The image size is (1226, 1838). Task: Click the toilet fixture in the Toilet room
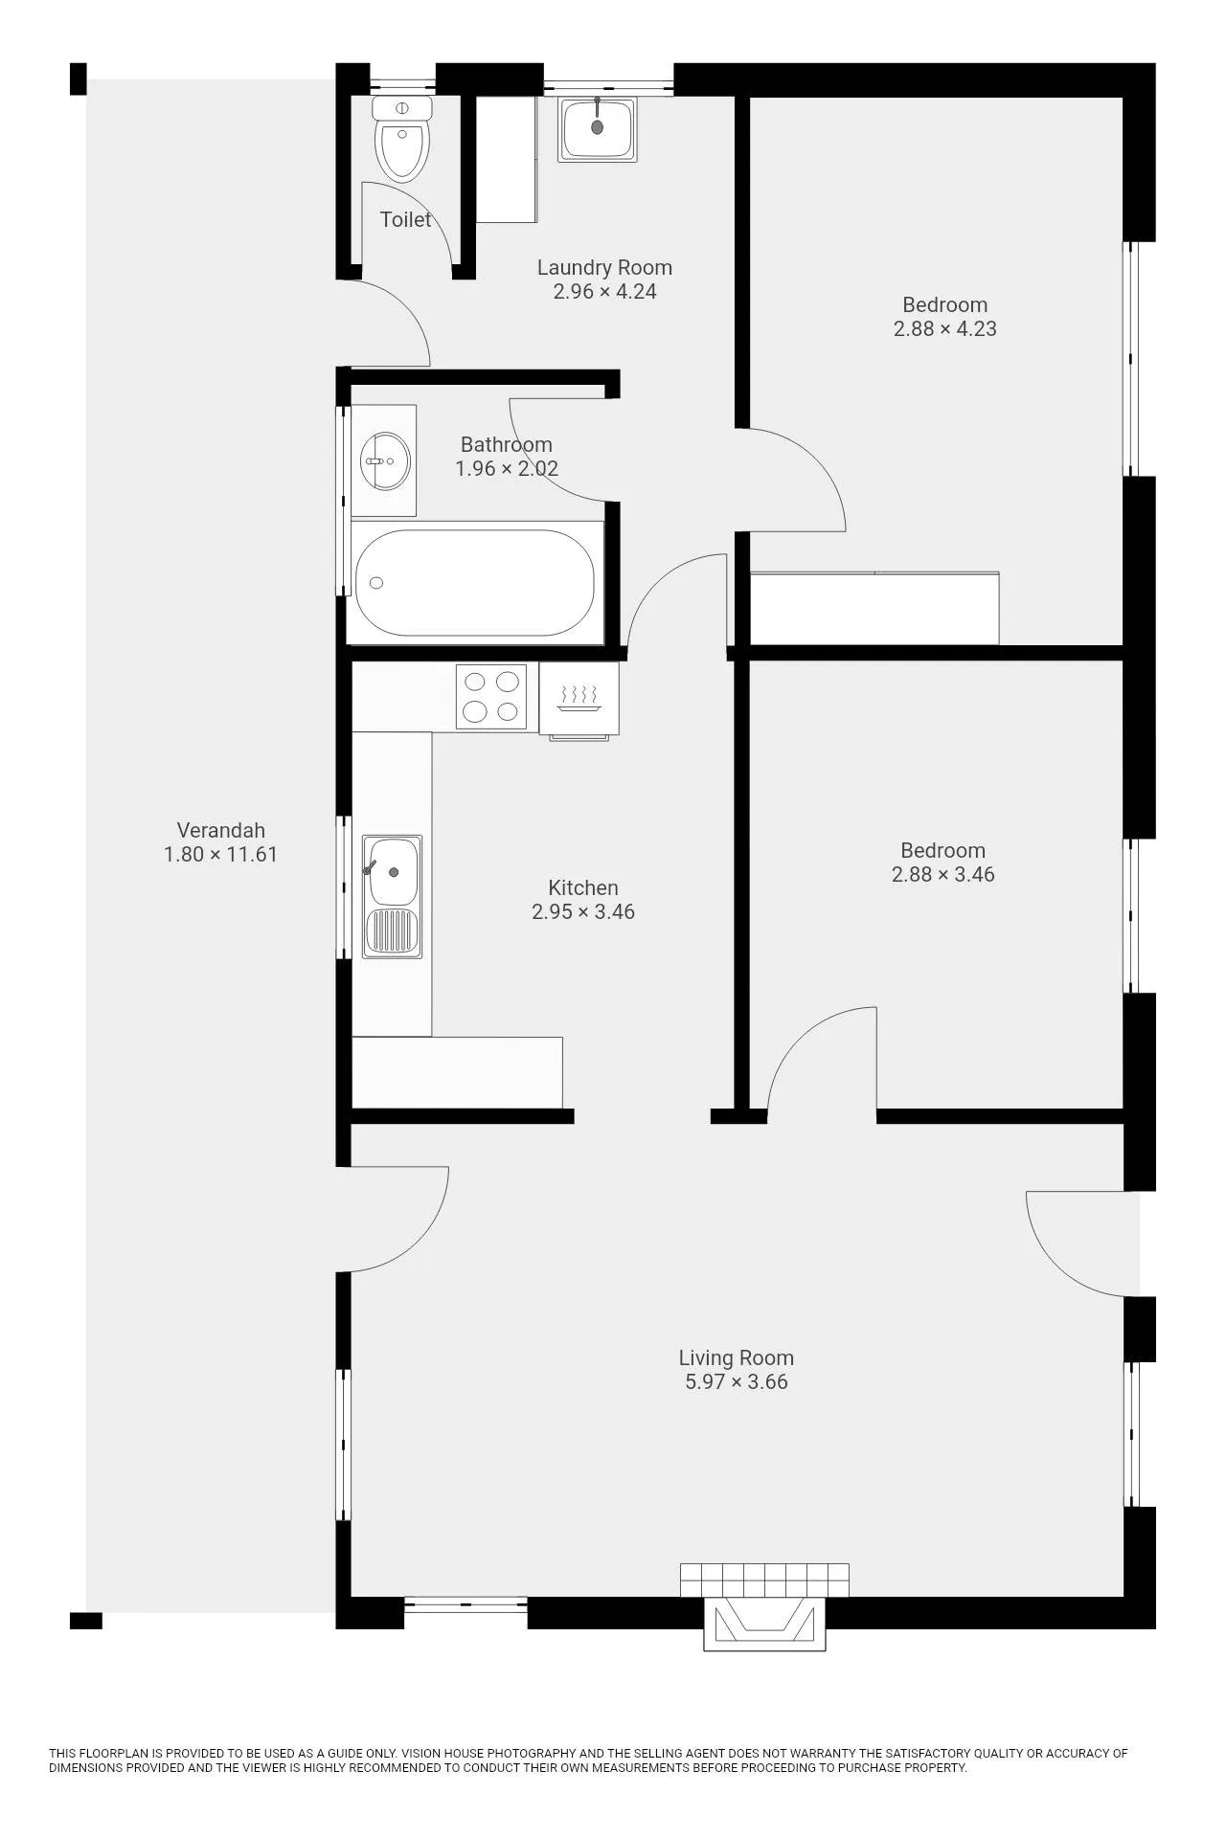click(x=402, y=138)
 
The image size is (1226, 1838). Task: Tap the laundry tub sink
click(x=599, y=130)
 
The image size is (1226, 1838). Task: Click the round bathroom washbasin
click(x=385, y=461)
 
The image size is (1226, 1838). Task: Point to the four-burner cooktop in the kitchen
click(x=491, y=697)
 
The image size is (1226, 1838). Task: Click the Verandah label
click(x=220, y=830)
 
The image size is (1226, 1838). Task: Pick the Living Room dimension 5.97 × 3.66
click(x=737, y=1381)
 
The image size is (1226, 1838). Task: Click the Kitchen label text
click(x=583, y=887)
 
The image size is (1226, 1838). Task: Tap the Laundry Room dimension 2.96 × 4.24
click(x=604, y=292)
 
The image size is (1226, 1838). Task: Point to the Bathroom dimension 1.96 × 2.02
click(x=507, y=468)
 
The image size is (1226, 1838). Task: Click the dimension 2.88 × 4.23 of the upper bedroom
click(x=945, y=328)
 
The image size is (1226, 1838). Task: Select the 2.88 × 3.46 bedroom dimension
click(x=943, y=874)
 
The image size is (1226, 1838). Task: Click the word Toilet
click(x=405, y=219)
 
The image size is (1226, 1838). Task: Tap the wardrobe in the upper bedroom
click(x=874, y=608)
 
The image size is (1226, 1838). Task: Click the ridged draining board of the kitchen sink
click(x=392, y=932)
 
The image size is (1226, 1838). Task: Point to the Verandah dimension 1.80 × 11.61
click(x=220, y=854)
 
